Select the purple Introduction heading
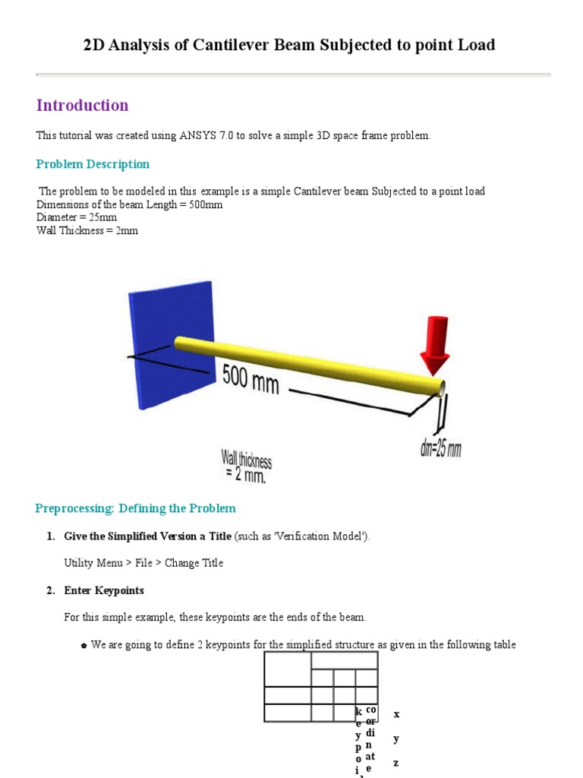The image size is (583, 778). point(82,106)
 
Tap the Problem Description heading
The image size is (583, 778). point(93,164)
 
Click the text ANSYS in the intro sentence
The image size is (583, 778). point(199,136)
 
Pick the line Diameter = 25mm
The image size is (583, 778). point(77,217)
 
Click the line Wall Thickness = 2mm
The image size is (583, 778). point(87,230)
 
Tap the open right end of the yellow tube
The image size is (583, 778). point(440,388)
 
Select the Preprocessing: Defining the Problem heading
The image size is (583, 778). point(136,508)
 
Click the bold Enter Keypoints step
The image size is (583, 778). point(104,590)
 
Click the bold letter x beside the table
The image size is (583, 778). point(396,715)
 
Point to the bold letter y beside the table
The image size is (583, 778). point(396,739)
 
